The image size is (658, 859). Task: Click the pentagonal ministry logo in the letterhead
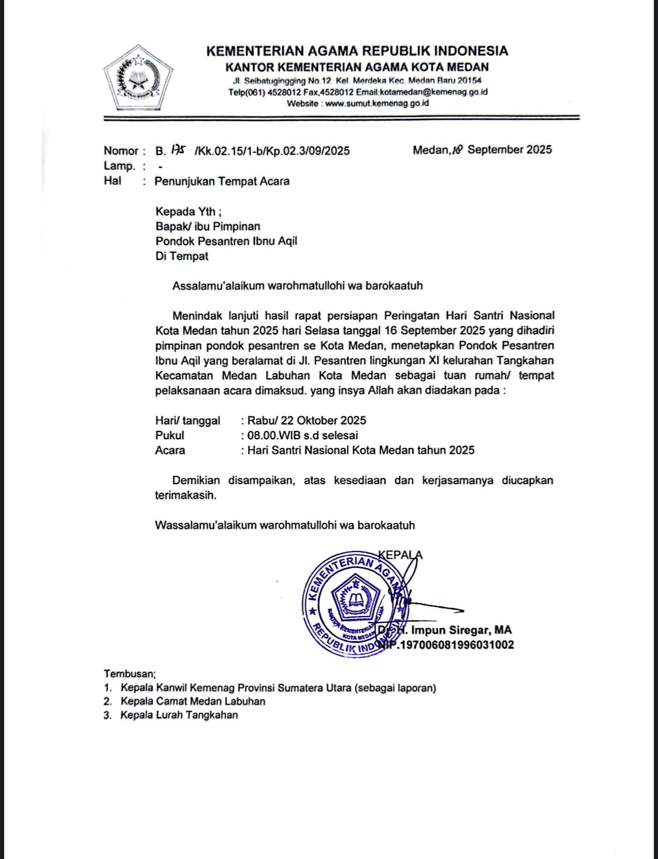[139, 78]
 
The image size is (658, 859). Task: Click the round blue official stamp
[354, 603]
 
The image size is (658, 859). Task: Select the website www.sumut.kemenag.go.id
[377, 103]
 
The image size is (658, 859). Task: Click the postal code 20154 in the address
[469, 80]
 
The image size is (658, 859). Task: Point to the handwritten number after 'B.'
[178, 150]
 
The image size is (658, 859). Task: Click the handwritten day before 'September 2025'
[457, 150]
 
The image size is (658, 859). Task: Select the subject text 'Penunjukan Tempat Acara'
[222, 181]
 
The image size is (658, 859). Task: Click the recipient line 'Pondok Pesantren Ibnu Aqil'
[226, 241]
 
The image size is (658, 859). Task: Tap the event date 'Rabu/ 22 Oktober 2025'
[306, 420]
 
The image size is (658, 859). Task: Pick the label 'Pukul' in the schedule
[170, 435]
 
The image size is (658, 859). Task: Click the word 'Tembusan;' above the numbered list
[130, 674]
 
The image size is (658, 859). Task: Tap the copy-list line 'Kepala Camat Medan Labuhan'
[193, 701]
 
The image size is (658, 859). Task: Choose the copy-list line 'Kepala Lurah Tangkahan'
[179, 715]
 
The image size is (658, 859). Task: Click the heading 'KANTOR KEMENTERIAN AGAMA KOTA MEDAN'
[357, 67]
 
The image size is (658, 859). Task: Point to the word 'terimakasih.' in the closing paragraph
[186, 495]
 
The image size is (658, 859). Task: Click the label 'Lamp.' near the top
[119, 166]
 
